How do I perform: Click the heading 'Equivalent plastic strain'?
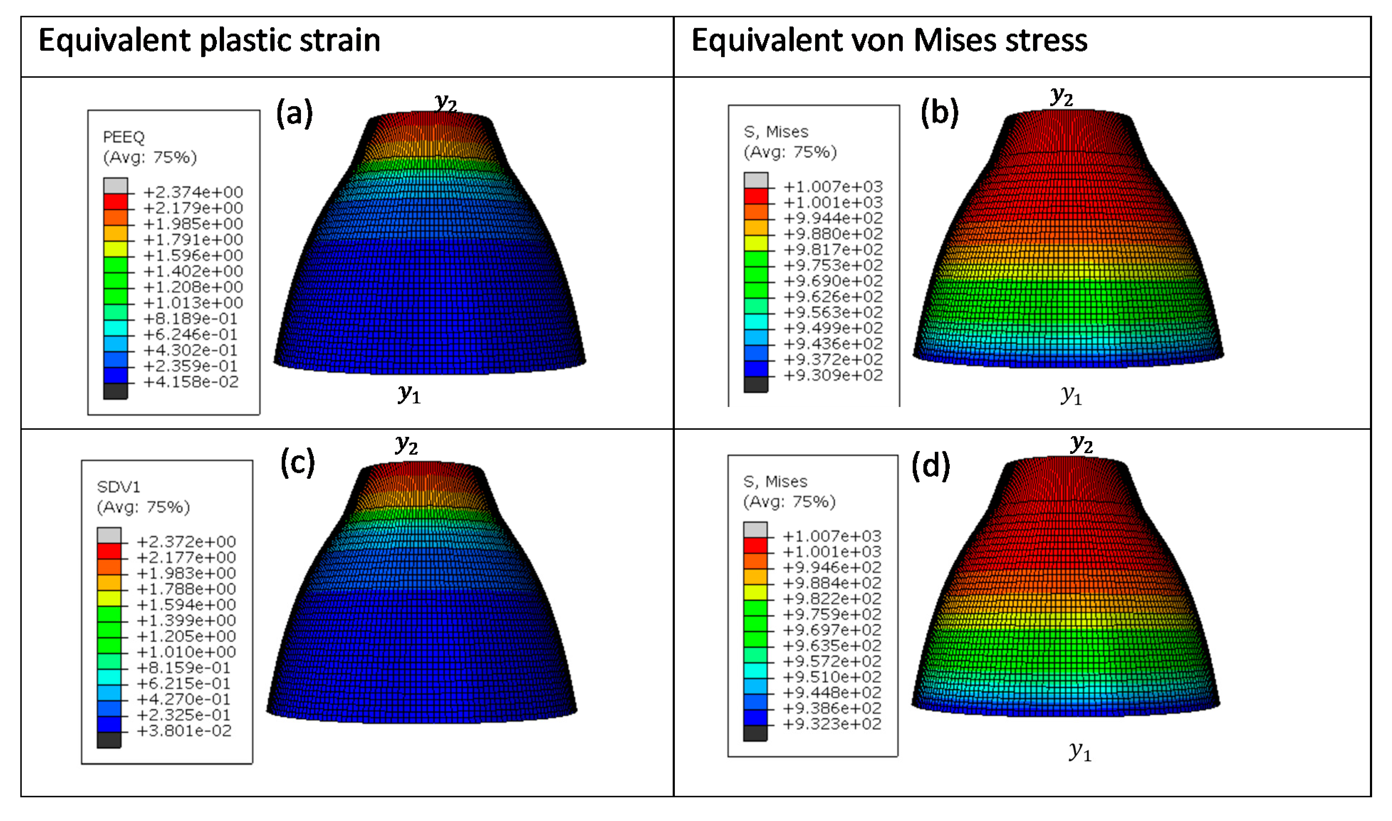tap(209, 41)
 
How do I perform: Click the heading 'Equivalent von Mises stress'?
tap(889, 41)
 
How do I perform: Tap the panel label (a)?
tap(294, 114)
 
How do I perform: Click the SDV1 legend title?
tap(118, 487)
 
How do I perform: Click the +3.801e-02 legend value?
tap(184, 731)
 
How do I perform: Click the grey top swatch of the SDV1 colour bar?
tap(109, 535)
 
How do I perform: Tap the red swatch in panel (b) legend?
tap(756, 196)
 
